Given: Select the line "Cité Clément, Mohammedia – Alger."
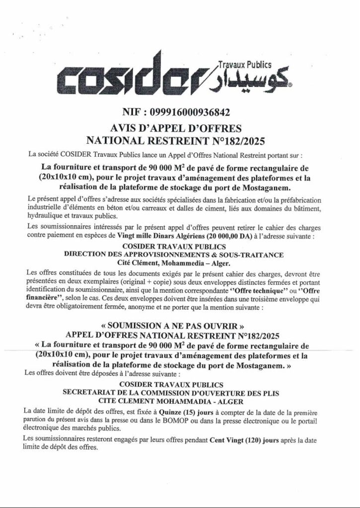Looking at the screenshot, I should pyautogui.click(x=179, y=261).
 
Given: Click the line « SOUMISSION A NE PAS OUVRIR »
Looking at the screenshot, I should pyautogui.click(x=179, y=328).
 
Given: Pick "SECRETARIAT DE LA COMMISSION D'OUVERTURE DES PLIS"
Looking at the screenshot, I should pyautogui.click(x=179, y=392).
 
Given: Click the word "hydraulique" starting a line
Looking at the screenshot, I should pyautogui.click(x=44, y=217).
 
